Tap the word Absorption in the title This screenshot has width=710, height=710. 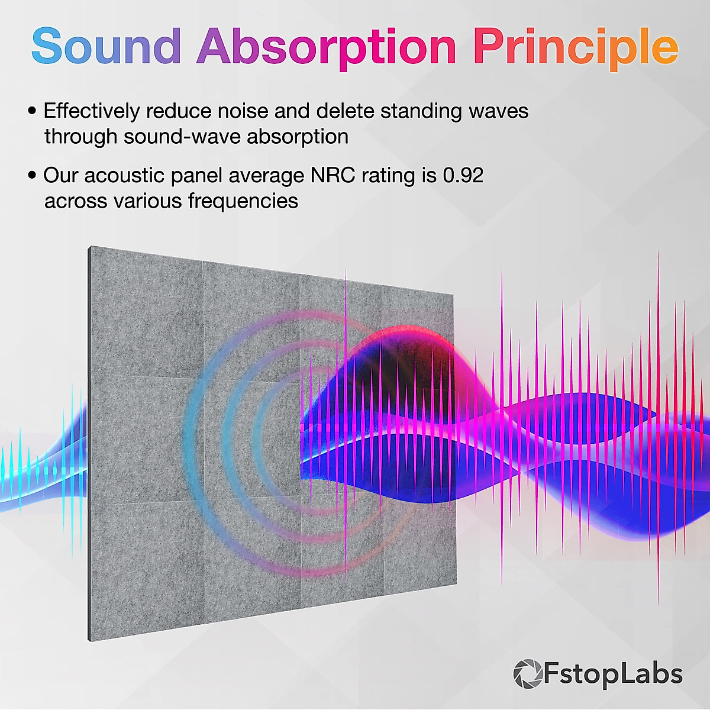coord(326,47)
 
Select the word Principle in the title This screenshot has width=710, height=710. coord(575,47)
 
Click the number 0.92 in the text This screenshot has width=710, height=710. coord(463,175)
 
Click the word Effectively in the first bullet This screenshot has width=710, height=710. coord(92,111)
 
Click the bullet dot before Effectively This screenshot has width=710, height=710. coord(33,111)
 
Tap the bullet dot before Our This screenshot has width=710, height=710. coord(33,176)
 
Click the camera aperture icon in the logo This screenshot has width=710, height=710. coord(528,674)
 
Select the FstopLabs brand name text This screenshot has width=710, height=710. coord(612,674)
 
